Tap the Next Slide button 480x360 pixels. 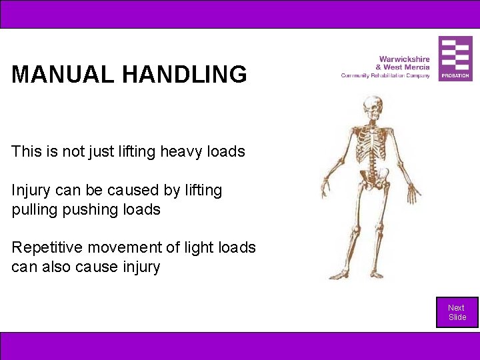pyautogui.click(x=457, y=312)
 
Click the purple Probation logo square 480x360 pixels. pyautogui.click(x=455, y=59)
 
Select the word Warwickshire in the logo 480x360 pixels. pyautogui.click(x=404, y=59)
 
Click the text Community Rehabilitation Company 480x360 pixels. pyautogui.click(x=385, y=75)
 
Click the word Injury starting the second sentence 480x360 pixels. pyautogui.click(x=31, y=191)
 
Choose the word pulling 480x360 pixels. pyautogui.click(x=33, y=209)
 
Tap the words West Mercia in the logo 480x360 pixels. pyautogui.click(x=408, y=67)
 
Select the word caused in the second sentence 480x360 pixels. pyautogui.click(x=133, y=191)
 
